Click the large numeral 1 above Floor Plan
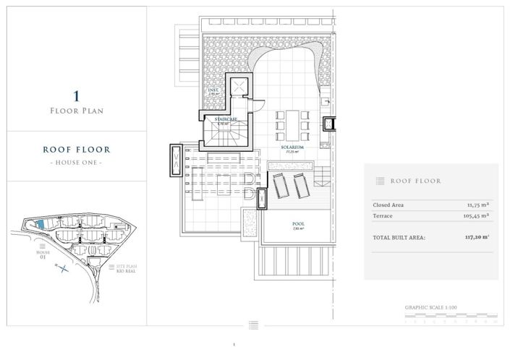[x=76, y=95]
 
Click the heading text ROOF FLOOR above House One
[x=76, y=150]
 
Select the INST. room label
[x=213, y=90]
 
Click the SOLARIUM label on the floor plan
[x=293, y=147]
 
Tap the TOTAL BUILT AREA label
[x=399, y=236]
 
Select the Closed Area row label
[x=389, y=205]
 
